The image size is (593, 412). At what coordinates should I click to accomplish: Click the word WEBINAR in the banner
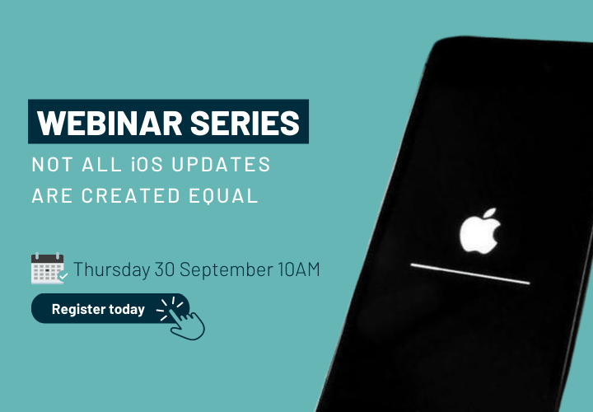[x=110, y=123]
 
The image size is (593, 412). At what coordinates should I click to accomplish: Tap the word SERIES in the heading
[x=245, y=123]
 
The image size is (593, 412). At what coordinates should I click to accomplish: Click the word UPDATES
[x=221, y=165]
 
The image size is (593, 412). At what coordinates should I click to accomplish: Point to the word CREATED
[x=130, y=195]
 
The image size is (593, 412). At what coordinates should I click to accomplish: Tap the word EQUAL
[x=223, y=195]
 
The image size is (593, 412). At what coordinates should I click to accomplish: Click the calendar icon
[x=49, y=269]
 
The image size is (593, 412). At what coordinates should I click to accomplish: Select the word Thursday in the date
[x=111, y=269]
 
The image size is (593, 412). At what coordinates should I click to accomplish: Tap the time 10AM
[x=299, y=269]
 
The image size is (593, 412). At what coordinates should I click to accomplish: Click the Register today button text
[x=98, y=309]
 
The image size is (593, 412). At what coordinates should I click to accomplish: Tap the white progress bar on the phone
[x=470, y=274]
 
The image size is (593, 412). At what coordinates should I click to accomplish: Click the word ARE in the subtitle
[x=52, y=195]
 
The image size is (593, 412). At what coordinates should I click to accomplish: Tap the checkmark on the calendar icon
[x=63, y=276]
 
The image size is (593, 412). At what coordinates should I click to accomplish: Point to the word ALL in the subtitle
[x=102, y=165]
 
